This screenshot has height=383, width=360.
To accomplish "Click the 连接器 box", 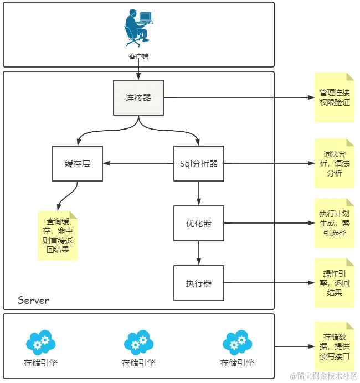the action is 138,98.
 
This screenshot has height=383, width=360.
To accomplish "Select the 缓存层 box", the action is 78,163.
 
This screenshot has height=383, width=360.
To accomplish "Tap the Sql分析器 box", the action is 199,163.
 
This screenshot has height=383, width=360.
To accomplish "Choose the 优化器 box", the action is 199,223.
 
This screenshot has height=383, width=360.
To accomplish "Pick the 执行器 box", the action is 199,283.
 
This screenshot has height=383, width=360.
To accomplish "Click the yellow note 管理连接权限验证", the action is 335,97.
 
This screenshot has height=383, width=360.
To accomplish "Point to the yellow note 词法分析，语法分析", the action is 335,163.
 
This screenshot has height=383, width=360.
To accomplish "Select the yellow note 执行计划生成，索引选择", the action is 335,223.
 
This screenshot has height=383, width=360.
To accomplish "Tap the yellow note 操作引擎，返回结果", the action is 335,283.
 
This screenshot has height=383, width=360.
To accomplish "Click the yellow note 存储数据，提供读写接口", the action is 335,346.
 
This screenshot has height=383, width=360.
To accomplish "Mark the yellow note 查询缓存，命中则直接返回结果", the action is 58,236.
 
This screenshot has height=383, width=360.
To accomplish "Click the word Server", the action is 33,300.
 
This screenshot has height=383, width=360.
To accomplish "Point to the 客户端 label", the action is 138,56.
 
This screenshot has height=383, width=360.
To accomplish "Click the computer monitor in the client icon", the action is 146,17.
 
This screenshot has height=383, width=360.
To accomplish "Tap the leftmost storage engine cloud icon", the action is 40,343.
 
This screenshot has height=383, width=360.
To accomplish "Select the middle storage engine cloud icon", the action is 138,343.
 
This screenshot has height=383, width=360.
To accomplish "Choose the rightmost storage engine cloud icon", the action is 237,343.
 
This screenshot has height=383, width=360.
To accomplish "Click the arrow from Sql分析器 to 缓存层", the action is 138,163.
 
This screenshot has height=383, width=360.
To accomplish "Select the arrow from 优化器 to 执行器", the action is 199,253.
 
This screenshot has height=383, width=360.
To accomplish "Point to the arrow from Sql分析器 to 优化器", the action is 199,193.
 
